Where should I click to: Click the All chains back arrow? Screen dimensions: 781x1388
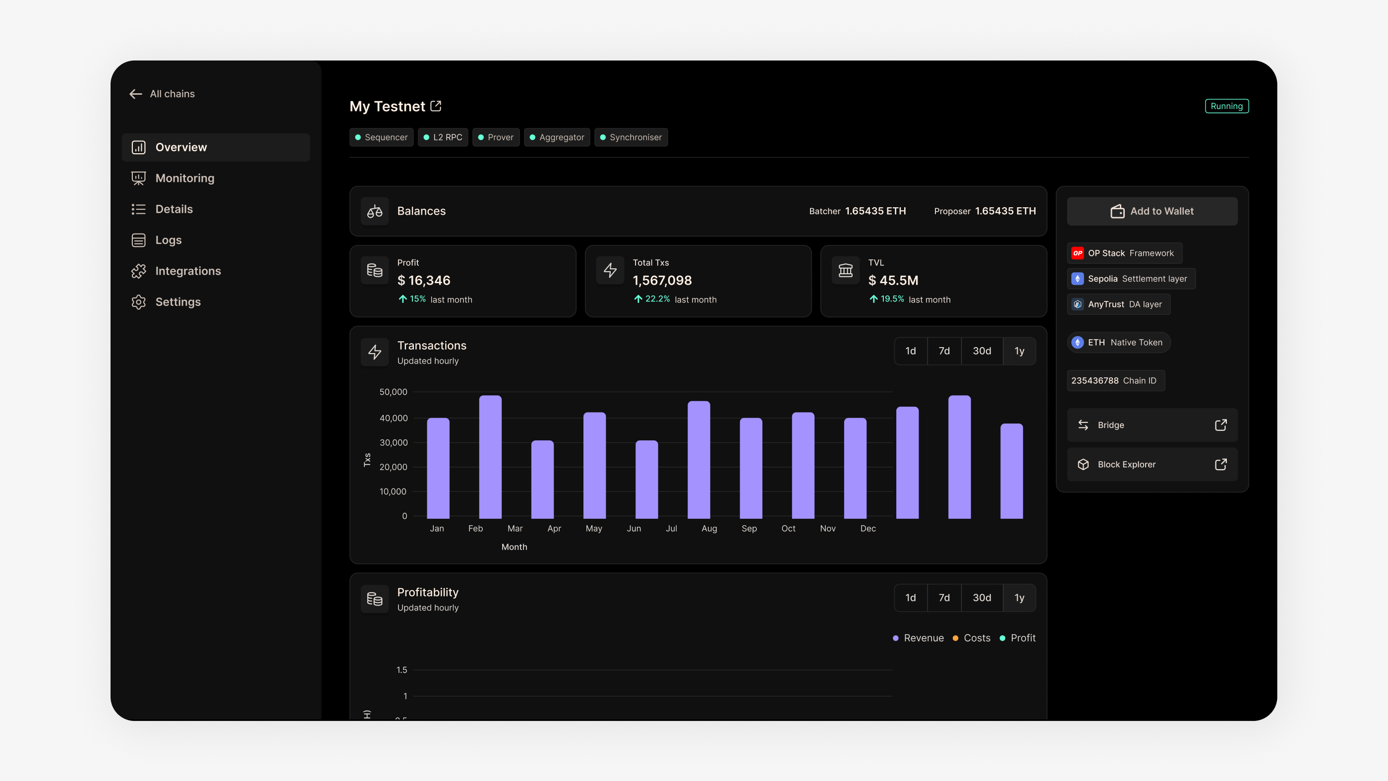click(136, 94)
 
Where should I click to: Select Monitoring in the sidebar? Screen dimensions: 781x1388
click(184, 178)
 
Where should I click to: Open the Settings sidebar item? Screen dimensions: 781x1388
click(178, 302)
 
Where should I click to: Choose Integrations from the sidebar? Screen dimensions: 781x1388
click(187, 271)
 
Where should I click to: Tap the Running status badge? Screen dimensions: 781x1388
click(1226, 106)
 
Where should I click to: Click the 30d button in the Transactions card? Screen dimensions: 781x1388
click(981, 351)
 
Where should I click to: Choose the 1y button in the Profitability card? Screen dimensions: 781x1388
click(1019, 598)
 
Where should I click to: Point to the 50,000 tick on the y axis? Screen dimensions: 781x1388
click(393, 392)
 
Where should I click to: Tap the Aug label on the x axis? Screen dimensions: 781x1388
click(709, 528)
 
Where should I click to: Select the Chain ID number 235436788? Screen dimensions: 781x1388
click(1095, 380)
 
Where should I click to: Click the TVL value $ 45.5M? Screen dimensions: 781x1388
click(893, 280)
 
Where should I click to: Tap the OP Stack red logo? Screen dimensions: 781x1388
click(1077, 253)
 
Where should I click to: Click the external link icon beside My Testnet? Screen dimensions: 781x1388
click(436, 106)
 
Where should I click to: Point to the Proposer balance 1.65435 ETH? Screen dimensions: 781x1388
click(1005, 211)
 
